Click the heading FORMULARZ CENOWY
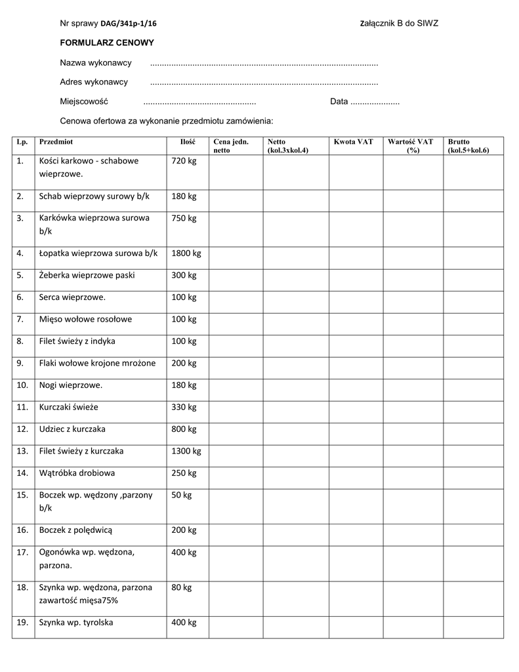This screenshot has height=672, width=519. tap(107, 43)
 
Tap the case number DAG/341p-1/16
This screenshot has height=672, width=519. tap(129, 24)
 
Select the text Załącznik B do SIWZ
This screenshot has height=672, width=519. tap(399, 24)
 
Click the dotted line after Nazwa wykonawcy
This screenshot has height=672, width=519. tap(264, 63)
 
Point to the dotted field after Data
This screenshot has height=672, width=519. tap(375, 102)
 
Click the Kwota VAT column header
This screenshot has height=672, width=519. tap(353, 142)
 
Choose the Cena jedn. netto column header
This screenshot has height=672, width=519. tap(231, 146)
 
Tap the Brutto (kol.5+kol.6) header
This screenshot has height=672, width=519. tap(468, 146)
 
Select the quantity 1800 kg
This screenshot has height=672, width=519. tap(186, 253)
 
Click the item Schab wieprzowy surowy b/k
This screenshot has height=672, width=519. tap(94, 196)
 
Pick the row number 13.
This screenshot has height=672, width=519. tap(23, 451)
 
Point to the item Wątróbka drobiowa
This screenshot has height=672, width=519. tap(77, 473)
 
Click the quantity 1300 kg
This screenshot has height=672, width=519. tap(186, 451)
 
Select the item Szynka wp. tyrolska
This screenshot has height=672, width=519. tap(76, 623)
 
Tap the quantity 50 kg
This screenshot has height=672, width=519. tap(182, 495)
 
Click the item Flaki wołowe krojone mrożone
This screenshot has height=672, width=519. tap(98, 364)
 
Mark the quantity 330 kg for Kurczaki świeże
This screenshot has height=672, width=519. tap(184, 408)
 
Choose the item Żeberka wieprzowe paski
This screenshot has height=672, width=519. tap(87, 276)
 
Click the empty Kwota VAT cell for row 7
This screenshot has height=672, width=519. tap(353, 320)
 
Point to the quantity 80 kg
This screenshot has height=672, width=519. tap(182, 587)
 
